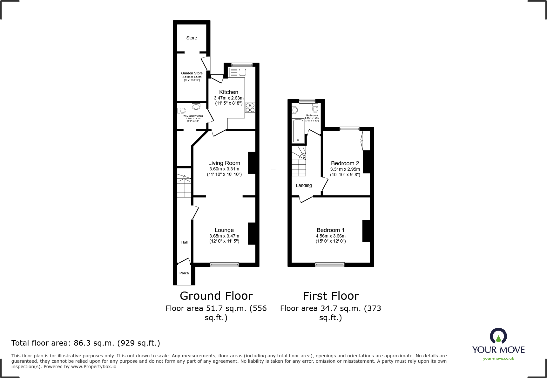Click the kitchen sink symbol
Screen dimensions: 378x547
click(x=238, y=72)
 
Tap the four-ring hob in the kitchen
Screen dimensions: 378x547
click(x=250, y=107)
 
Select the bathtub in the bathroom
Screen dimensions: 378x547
click(x=298, y=131)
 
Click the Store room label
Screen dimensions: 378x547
click(x=192, y=38)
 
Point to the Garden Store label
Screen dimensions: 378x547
click(x=192, y=73)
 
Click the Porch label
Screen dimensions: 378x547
click(x=184, y=273)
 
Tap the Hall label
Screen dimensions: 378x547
click(x=184, y=242)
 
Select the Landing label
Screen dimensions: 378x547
click(x=304, y=185)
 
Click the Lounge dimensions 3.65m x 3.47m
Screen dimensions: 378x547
click(x=224, y=236)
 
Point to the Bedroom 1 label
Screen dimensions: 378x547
click(x=330, y=230)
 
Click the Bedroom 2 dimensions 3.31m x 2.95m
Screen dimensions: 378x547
click(x=345, y=169)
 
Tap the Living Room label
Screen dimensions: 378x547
click(x=224, y=163)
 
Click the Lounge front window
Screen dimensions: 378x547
click(x=224, y=264)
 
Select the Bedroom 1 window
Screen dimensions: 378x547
click(x=330, y=264)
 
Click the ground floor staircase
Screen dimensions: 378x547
click(x=184, y=186)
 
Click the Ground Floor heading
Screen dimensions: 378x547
click(x=216, y=296)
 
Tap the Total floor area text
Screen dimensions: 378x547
click(x=86, y=343)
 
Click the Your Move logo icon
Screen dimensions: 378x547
click(x=498, y=336)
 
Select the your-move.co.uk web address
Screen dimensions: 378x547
click(x=498, y=359)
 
